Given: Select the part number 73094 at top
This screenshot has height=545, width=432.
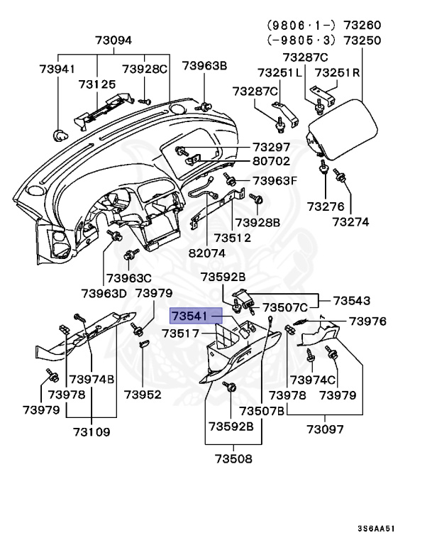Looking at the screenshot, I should point(114,40).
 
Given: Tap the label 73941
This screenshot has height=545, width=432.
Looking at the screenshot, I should point(56,69).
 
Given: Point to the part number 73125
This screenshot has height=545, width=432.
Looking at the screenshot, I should point(96,84).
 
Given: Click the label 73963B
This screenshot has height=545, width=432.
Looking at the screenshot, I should point(204,66).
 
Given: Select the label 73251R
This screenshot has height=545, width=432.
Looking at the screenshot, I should point(340,72).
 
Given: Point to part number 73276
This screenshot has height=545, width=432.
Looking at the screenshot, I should point(326,207).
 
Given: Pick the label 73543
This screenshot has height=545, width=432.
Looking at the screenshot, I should point(353,300).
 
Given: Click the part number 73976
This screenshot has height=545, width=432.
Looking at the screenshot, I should point(367,321).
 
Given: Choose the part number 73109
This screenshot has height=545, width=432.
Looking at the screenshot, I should point(93,430).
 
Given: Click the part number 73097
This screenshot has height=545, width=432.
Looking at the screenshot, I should point(325,429).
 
